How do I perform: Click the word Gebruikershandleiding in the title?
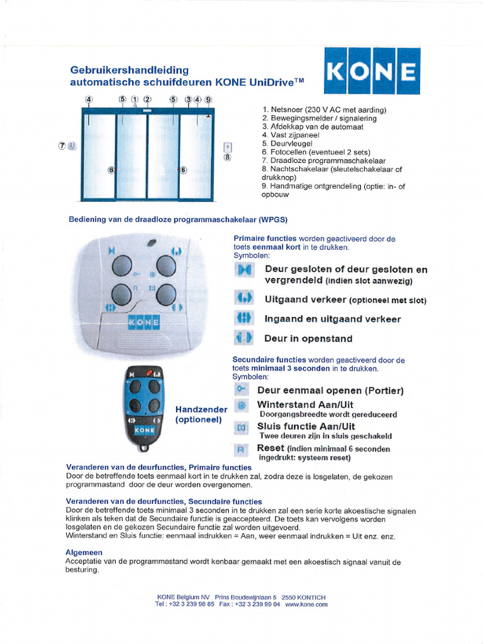click(129, 70)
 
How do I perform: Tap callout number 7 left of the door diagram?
click(62, 146)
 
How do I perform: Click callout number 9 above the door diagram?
click(208, 99)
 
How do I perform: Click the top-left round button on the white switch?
click(121, 266)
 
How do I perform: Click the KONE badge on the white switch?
click(143, 322)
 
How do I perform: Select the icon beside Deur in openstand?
click(243, 338)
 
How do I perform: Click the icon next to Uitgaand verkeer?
click(243, 299)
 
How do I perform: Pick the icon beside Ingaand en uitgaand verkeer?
click(243, 318)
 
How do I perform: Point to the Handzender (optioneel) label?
click(201, 414)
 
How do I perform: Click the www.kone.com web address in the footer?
click(306, 604)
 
